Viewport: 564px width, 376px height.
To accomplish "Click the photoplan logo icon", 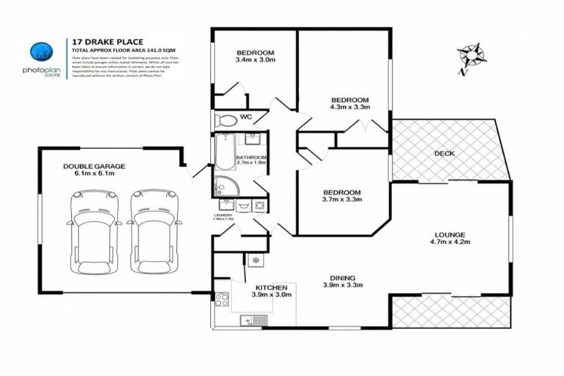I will [x=41, y=52].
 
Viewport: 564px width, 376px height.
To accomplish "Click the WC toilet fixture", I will [x=225, y=120].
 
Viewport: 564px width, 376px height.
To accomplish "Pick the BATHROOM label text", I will [x=251, y=158].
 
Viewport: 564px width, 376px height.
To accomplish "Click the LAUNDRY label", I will [x=223, y=215].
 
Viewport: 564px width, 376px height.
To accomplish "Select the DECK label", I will [x=444, y=153].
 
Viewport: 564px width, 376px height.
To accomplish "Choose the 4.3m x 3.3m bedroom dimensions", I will [x=350, y=107].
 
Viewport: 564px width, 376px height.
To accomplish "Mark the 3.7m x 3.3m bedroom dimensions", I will [x=342, y=199].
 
